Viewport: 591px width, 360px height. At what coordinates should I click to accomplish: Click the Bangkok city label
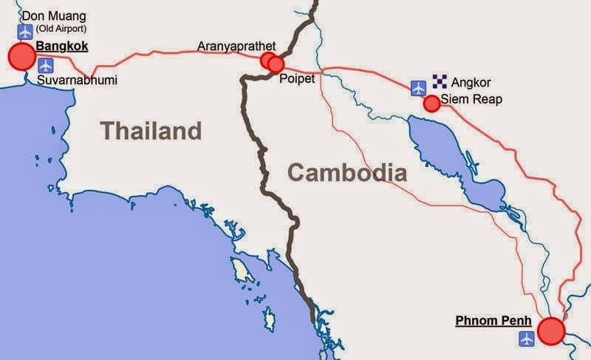click(62, 47)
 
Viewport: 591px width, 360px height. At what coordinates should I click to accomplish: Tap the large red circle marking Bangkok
click(21, 57)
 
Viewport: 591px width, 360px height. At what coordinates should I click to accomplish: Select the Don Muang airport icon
click(26, 32)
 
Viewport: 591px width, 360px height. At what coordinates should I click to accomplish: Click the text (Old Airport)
click(61, 29)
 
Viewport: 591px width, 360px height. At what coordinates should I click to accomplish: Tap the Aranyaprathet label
click(236, 47)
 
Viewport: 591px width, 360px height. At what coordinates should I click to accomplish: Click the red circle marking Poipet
click(276, 64)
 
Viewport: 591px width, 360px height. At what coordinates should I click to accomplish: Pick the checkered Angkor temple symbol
click(440, 82)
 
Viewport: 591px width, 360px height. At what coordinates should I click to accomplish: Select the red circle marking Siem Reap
click(431, 103)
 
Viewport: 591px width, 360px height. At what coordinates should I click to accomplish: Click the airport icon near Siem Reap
click(419, 87)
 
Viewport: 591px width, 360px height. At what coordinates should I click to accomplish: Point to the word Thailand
click(151, 131)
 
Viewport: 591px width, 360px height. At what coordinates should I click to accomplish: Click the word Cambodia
click(347, 173)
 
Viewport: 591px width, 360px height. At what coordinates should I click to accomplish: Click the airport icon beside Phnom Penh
click(526, 339)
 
